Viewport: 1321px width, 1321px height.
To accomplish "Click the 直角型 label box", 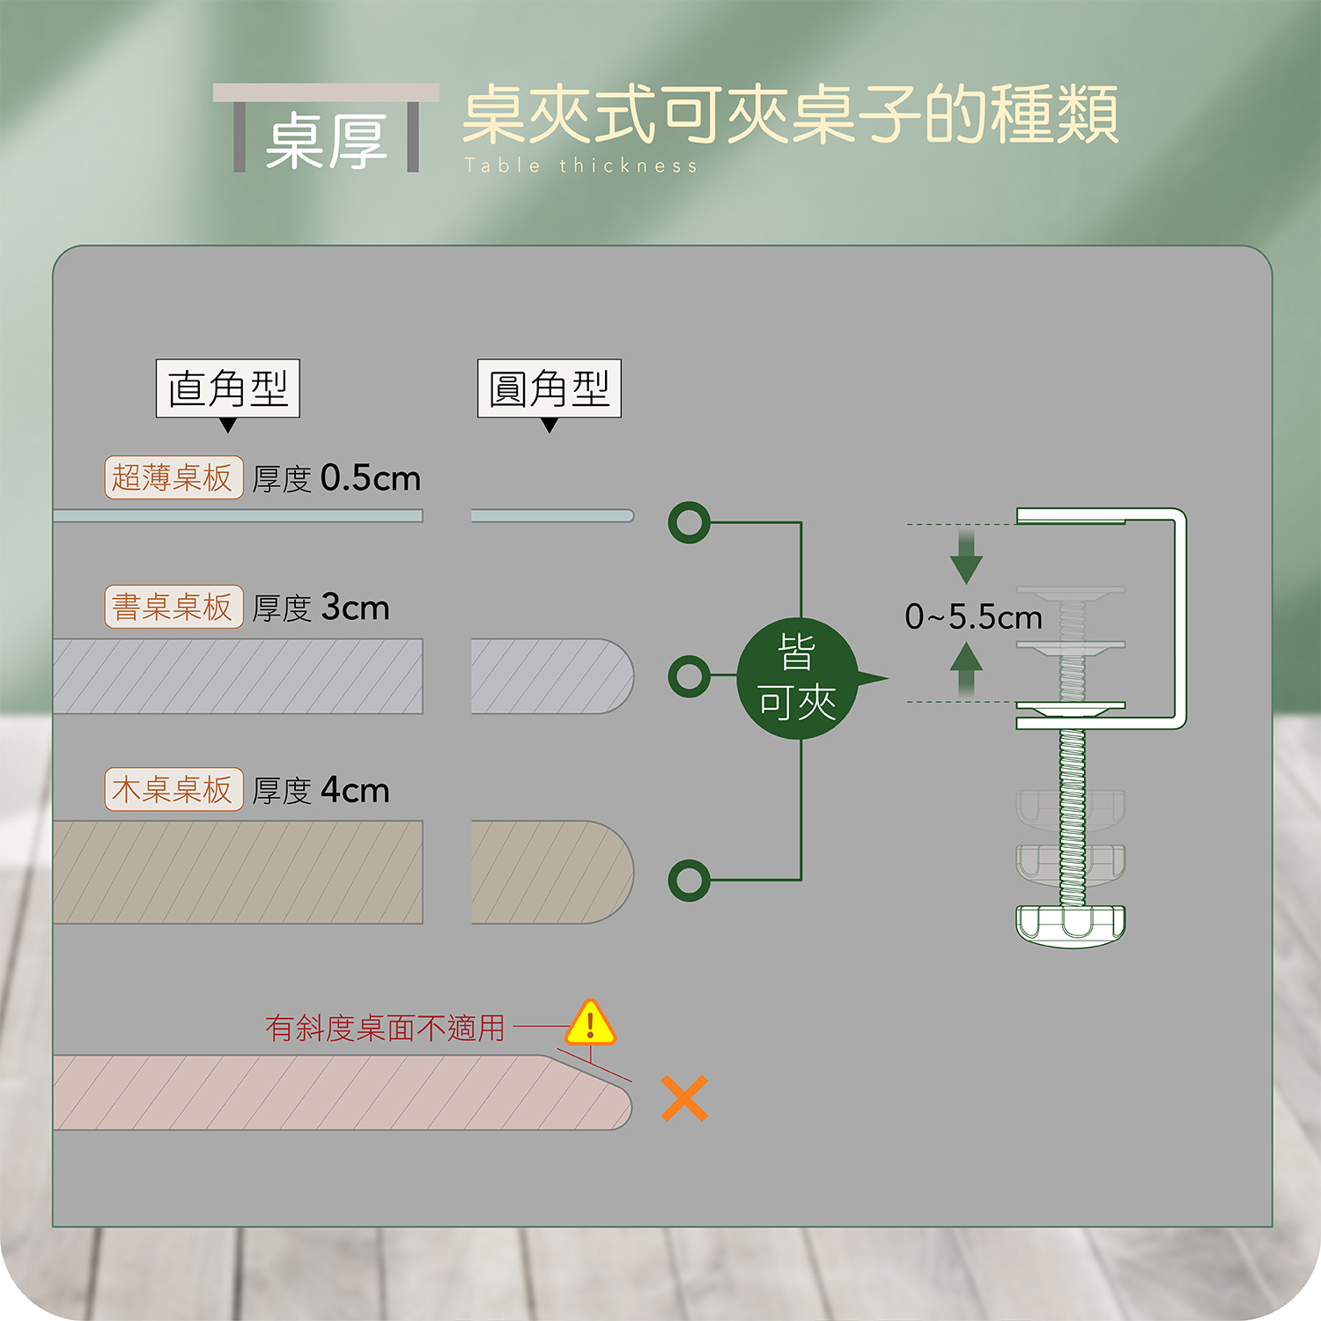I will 228,388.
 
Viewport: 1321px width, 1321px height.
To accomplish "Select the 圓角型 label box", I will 550,388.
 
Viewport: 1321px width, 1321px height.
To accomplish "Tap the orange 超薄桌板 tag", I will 173,478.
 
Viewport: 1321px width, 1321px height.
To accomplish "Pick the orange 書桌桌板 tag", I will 173,607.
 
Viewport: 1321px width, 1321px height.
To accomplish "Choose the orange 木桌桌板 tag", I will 173,789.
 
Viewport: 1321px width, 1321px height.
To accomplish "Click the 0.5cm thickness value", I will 371,478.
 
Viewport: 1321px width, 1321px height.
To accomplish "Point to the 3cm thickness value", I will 355,608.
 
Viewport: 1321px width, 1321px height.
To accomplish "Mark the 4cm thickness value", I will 355,790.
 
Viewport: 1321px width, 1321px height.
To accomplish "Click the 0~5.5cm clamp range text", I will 973,617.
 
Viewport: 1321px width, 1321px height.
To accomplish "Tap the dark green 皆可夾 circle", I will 797,678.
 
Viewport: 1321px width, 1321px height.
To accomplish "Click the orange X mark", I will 684,1098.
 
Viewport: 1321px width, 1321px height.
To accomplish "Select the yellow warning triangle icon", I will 590,1023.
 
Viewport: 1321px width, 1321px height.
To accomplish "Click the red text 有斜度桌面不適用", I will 385,1028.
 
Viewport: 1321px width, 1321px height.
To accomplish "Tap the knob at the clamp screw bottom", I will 1071,924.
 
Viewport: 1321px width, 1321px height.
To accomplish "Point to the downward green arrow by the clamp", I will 966,558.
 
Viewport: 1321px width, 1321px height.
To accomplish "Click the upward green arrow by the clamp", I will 966,668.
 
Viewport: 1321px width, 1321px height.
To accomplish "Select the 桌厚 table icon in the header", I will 326,129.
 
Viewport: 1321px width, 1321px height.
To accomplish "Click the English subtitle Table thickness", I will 581,166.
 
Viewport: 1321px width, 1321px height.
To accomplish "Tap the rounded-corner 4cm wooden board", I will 551,872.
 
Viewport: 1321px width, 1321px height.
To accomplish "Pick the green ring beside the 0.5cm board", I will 689,522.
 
